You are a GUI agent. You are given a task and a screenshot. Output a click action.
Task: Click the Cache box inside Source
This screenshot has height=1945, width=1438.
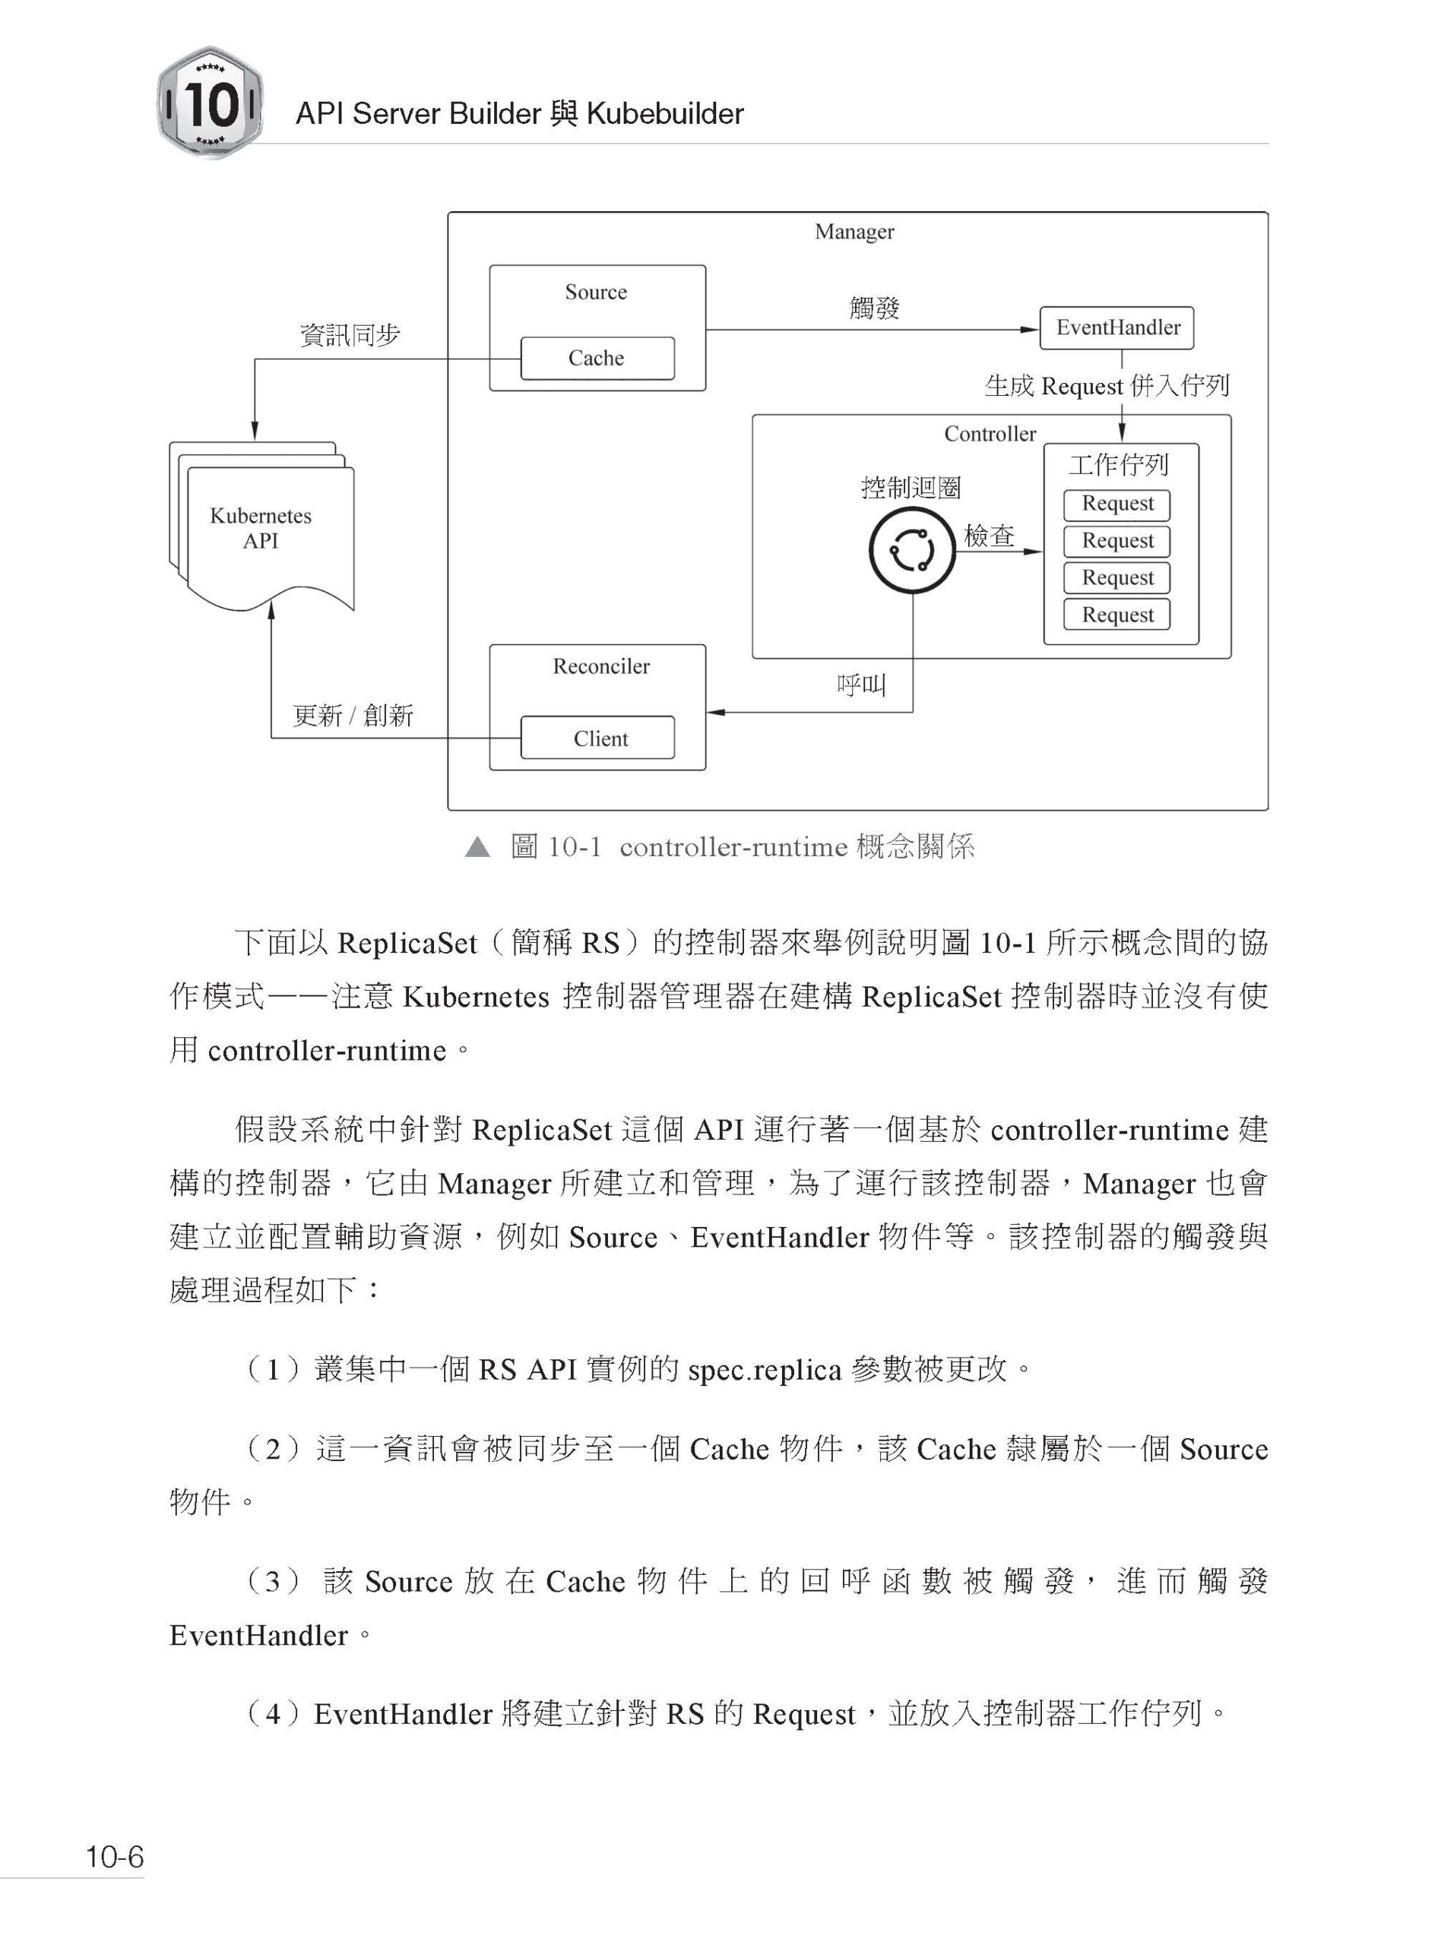tap(597, 358)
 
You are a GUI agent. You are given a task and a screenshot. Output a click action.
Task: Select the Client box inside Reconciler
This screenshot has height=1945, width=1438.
tap(597, 738)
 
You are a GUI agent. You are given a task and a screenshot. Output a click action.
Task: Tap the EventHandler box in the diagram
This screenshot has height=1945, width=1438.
tap(1117, 327)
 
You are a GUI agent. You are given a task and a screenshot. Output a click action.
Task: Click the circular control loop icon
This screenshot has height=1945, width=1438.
tap(912, 550)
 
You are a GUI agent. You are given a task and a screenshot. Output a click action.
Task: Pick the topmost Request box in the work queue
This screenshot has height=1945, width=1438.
tap(1117, 504)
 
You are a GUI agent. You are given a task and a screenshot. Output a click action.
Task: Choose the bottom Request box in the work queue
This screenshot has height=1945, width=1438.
tap(1117, 615)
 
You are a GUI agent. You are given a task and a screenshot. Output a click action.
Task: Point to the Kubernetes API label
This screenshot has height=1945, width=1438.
tap(260, 528)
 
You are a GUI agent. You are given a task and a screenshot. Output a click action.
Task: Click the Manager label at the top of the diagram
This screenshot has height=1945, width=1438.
tap(854, 232)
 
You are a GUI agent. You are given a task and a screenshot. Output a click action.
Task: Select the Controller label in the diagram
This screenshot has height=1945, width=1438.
tap(990, 433)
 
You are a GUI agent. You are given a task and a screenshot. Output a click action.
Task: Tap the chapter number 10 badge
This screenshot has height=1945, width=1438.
tap(210, 103)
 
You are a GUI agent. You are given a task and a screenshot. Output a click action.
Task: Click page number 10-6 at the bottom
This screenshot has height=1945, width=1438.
tap(114, 1856)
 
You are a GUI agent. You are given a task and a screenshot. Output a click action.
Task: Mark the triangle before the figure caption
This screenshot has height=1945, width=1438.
tap(477, 846)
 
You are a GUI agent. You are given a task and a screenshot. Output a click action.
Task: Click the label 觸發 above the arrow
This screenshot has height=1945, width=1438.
tap(874, 308)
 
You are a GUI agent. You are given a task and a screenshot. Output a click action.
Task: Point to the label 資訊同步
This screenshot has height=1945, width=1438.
tap(349, 335)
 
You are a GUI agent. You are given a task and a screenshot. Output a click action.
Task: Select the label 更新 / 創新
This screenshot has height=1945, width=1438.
tap(353, 716)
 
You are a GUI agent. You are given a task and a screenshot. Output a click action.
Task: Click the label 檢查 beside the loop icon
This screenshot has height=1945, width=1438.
tap(989, 535)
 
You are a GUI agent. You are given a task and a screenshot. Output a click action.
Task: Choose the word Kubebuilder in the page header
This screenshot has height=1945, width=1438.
tap(665, 113)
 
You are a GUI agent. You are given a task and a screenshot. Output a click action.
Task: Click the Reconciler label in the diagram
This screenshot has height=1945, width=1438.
tap(600, 666)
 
